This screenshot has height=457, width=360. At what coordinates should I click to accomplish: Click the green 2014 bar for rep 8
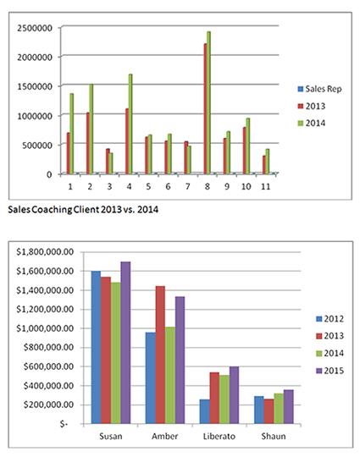tap(208, 102)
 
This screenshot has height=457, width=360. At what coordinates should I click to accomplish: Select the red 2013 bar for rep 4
tap(127, 141)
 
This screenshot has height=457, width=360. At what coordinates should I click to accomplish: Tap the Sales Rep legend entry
tap(319, 89)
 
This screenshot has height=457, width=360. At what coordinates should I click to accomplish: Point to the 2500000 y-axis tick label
tap(35, 28)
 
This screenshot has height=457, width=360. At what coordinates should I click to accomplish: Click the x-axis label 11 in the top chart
tap(265, 186)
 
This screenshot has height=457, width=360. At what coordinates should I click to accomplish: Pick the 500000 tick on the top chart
tap(37, 146)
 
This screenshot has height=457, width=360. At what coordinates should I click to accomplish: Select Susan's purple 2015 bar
tap(125, 343)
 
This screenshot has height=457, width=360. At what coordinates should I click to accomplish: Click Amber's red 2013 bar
tap(160, 355)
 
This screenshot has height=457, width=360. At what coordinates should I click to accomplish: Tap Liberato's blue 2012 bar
tap(204, 411)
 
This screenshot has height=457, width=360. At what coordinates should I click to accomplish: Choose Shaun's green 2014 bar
tap(279, 408)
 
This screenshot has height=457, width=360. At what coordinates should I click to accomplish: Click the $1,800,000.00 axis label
tap(45, 251)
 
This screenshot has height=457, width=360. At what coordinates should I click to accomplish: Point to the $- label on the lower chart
tap(64, 424)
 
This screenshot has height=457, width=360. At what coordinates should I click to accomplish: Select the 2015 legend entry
tap(330, 371)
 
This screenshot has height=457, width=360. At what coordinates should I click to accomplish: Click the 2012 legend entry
tap(330, 319)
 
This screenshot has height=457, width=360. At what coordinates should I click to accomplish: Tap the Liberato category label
tap(219, 437)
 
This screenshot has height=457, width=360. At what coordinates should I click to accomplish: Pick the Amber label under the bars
tap(165, 437)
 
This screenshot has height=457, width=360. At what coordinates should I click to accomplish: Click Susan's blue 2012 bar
tap(96, 347)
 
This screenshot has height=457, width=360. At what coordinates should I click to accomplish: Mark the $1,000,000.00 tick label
tap(45, 328)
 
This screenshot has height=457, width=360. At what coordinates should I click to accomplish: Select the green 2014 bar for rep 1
tap(71, 134)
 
